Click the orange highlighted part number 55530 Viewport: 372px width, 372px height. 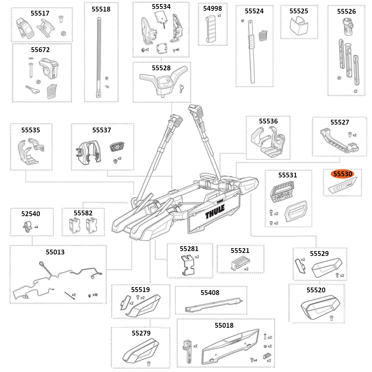click(x=343, y=174)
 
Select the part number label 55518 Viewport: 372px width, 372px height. click(x=101, y=9)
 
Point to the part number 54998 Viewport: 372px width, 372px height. click(x=213, y=9)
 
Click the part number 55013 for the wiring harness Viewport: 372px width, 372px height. click(x=55, y=252)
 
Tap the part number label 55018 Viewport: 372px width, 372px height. click(x=224, y=325)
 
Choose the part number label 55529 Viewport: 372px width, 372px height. click(x=319, y=253)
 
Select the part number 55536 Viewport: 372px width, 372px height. click(x=268, y=121)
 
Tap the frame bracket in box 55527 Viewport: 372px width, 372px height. click(x=339, y=141)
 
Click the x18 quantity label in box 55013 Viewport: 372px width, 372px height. click(x=95, y=295)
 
